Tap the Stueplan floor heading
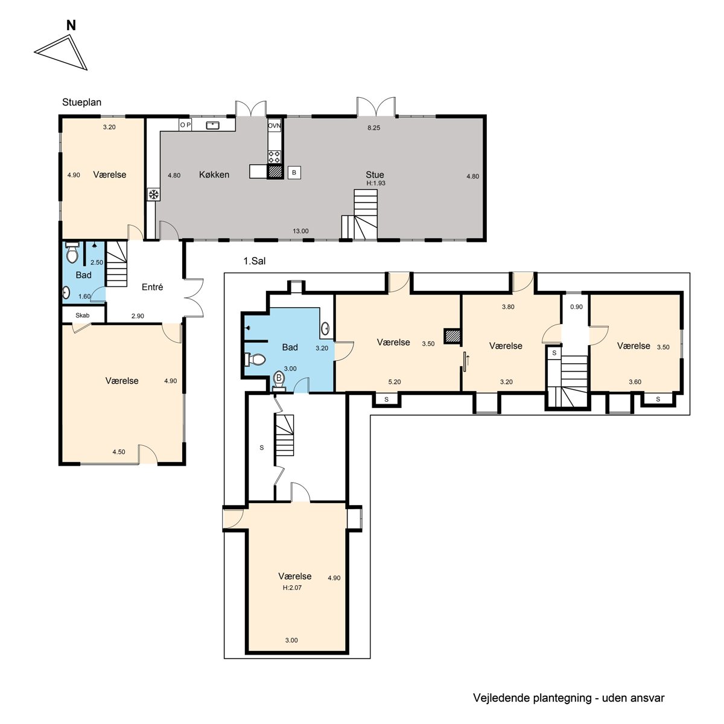pos(81,102)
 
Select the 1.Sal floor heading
pos(255,261)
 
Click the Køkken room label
pos(214,175)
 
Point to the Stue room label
pos(375,175)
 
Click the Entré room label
pos(152,287)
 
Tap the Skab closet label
pos(82,315)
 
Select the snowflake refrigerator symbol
pos(153,195)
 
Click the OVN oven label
pos(275,125)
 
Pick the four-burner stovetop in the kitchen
pos(275,157)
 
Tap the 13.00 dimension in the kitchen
pos(300,231)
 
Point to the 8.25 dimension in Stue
pos(374,128)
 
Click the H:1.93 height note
pos(376,183)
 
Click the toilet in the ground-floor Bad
pos(72,253)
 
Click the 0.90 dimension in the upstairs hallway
pos(576,306)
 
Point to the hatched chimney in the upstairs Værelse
pos(453,336)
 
